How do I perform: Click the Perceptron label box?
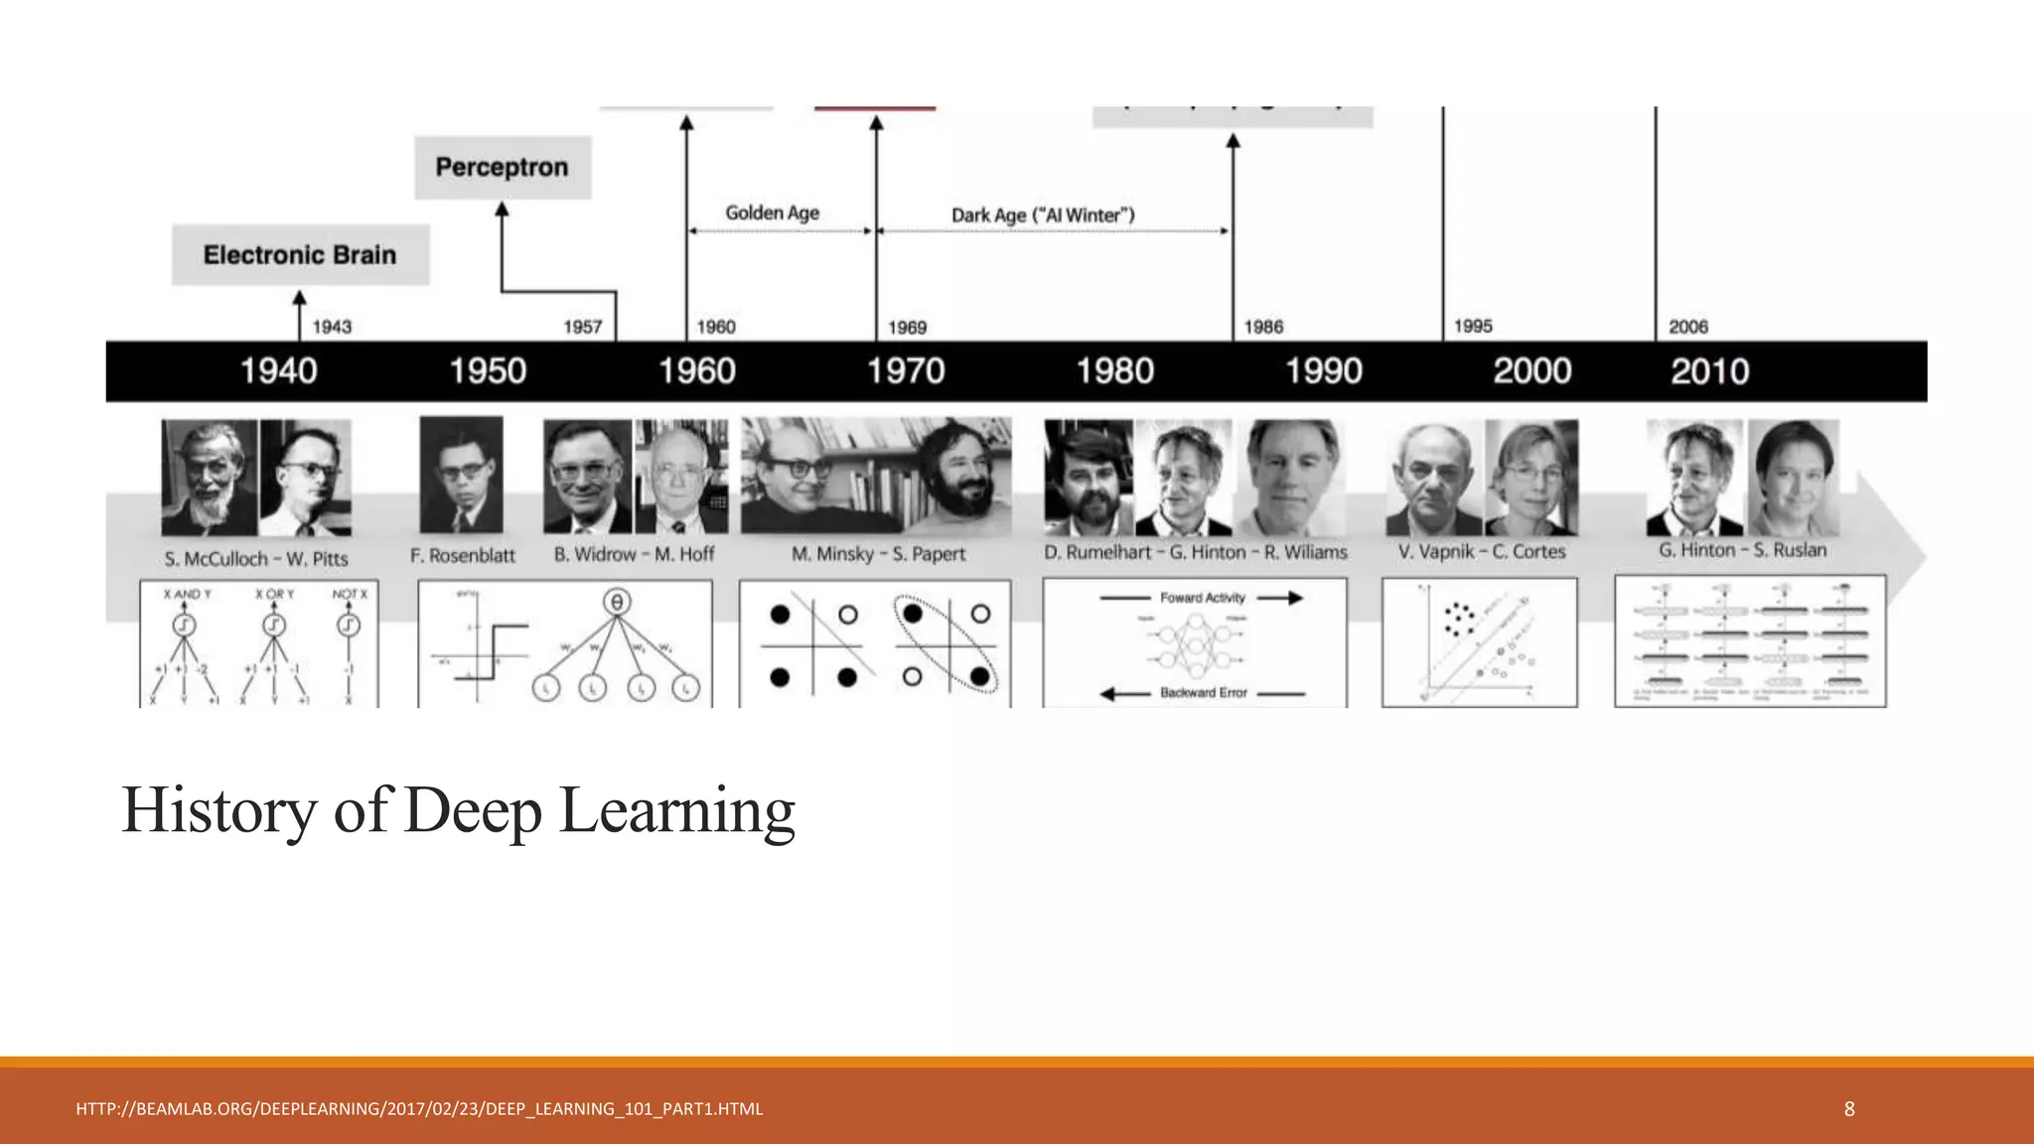(x=503, y=167)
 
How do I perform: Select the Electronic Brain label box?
(x=300, y=255)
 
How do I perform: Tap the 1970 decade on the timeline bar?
(x=906, y=371)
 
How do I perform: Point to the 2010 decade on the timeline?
(x=1709, y=371)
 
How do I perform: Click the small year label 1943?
(x=332, y=327)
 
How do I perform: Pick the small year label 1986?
(x=1263, y=327)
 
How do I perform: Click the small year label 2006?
(x=1688, y=327)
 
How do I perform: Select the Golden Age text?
(x=772, y=213)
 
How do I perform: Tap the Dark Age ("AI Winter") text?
(x=1043, y=214)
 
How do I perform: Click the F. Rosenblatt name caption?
(x=463, y=556)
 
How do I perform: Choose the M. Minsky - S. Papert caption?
(x=878, y=554)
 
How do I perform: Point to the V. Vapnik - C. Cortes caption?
(x=1482, y=551)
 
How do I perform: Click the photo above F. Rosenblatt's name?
(x=461, y=475)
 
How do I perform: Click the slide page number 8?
(x=1849, y=1109)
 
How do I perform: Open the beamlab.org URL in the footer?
(x=419, y=1109)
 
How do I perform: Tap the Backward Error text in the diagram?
(x=1203, y=693)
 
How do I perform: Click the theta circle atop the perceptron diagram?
(x=617, y=602)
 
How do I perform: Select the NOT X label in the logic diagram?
(x=350, y=594)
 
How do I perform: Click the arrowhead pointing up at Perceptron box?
(x=502, y=209)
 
